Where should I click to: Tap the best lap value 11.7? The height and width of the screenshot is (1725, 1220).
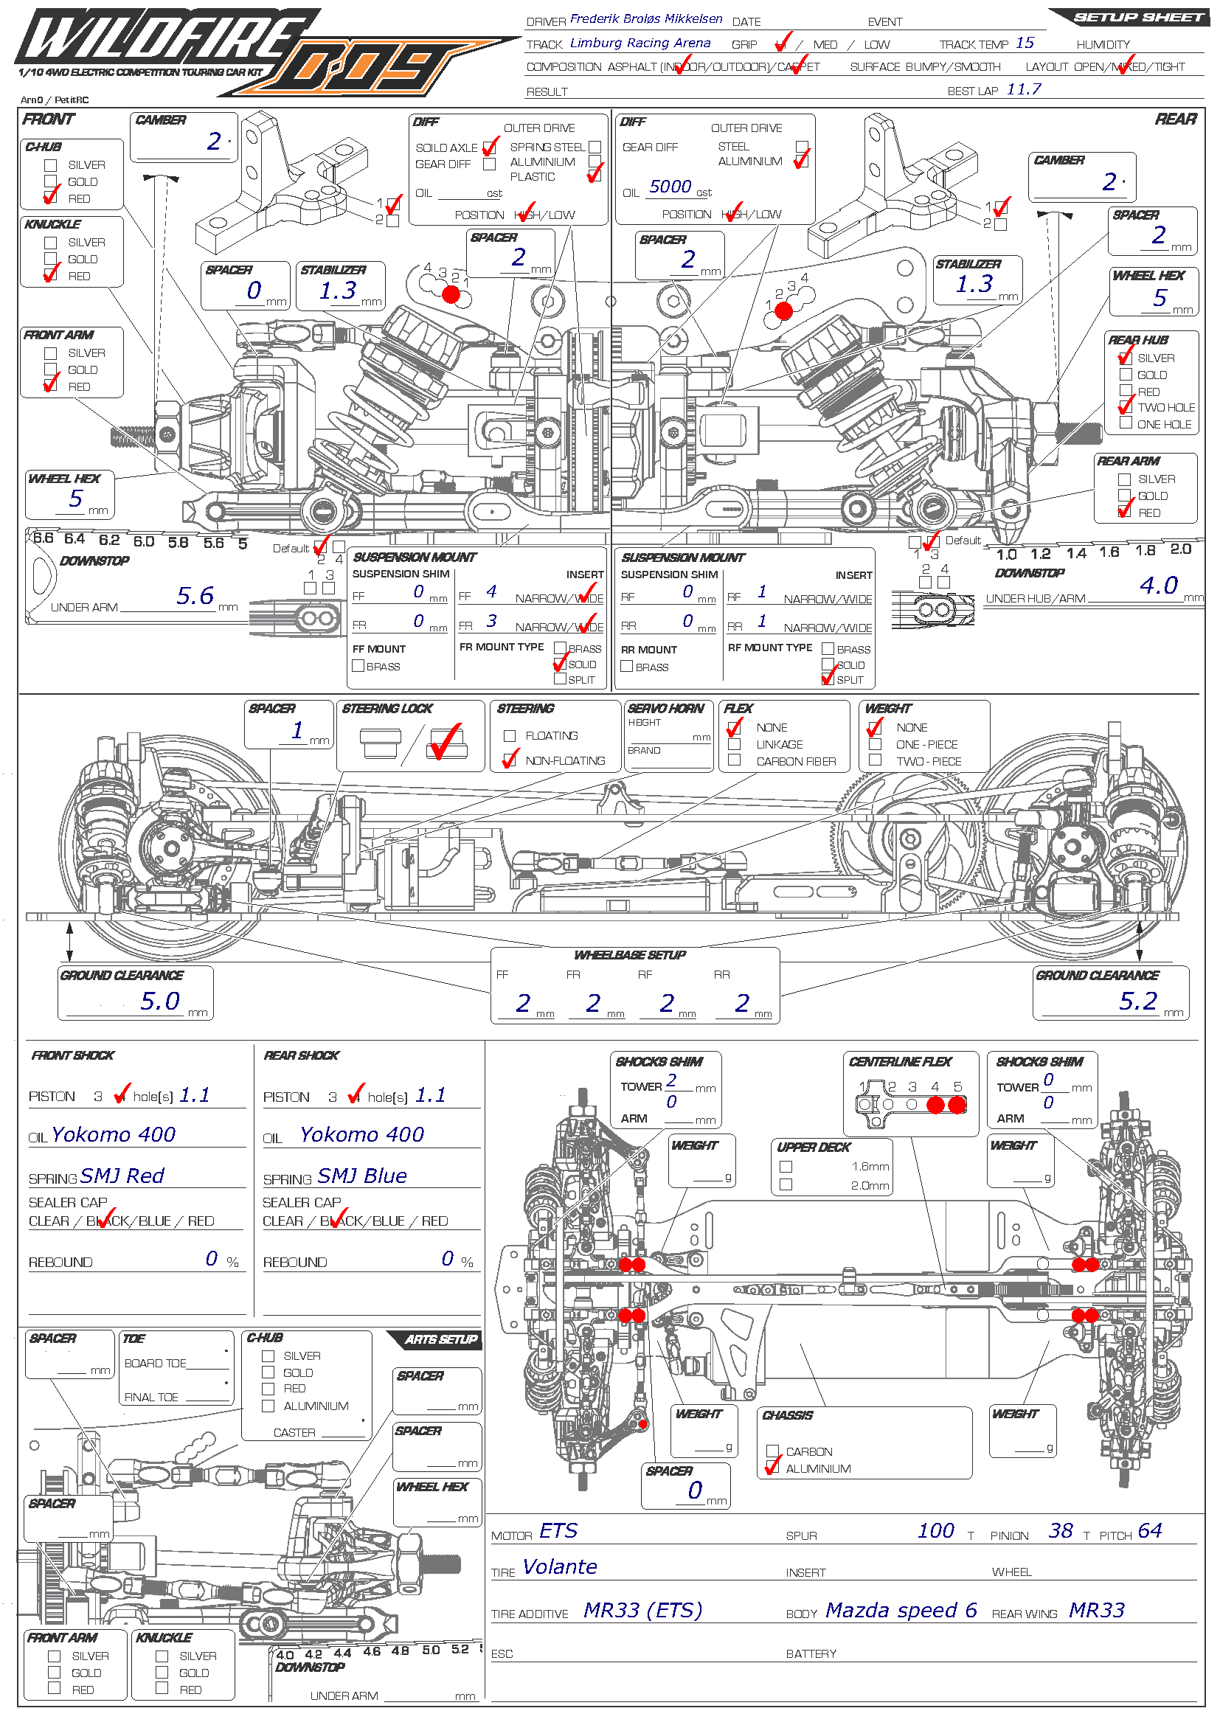tap(1023, 89)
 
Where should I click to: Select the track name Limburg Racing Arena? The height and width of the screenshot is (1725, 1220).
tap(640, 43)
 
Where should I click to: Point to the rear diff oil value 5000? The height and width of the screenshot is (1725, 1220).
tap(670, 187)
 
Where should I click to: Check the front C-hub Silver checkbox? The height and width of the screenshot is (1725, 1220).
tap(51, 165)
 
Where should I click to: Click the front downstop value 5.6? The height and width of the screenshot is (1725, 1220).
tap(195, 596)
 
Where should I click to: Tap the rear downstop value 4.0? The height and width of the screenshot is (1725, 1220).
tap(1158, 586)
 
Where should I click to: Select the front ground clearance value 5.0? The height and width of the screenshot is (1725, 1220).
tap(160, 1001)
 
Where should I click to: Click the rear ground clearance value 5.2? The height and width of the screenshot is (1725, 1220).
tap(1138, 1001)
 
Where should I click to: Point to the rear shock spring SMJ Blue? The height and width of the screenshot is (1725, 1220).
tap(362, 1176)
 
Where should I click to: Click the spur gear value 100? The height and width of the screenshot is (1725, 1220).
tap(935, 1530)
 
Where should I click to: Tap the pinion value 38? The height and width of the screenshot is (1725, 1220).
tap(1061, 1530)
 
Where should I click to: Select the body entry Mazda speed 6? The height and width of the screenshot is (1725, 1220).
tap(901, 1610)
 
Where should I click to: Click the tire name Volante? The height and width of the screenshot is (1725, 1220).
tap(560, 1566)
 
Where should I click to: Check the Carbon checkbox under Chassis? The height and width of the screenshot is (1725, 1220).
tap(772, 1451)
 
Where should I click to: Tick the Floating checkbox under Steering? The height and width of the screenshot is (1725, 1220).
tap(510, 736)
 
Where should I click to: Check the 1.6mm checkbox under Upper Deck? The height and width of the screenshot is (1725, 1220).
tap(786, 1167)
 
